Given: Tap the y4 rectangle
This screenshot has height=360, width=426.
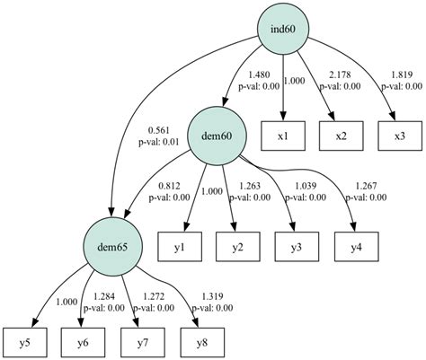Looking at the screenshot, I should click(x=357, y=244).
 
